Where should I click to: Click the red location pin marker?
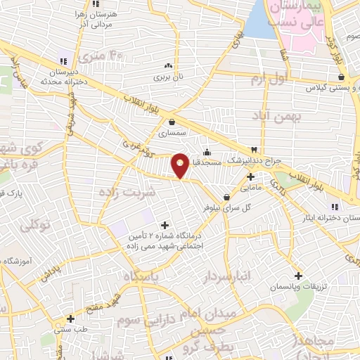point(180,165)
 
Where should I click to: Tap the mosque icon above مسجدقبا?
point(207,153)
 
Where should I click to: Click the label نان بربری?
point(169,75)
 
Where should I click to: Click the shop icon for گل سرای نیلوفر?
point(226,198)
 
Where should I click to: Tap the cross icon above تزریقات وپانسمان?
point(298,276)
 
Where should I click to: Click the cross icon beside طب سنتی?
point(70,319)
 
